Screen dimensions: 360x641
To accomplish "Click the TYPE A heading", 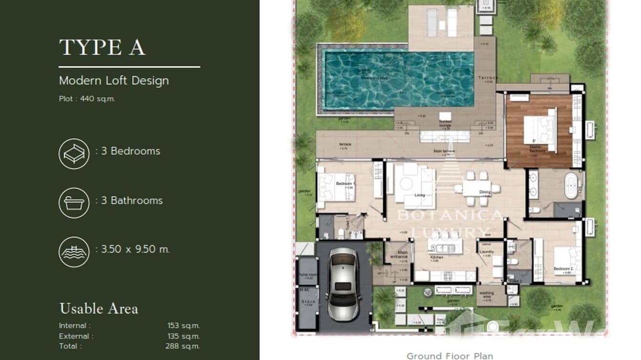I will click(x=102, y=48).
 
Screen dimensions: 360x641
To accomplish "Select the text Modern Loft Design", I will click(x=114, y=81).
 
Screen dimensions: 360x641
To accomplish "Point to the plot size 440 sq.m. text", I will click(x=87, y=99).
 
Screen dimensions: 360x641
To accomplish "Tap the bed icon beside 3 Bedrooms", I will click(x=74, y=154).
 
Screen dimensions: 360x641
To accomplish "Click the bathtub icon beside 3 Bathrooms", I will click(x=74, y=203).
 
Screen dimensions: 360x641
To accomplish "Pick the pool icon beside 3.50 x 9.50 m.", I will click(x=74, y=252).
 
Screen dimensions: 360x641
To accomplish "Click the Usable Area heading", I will click(x=98, y=309).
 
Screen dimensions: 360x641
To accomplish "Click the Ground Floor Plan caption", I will click(x=449, y=356).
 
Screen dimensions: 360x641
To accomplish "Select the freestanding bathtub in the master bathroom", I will click(x=571, y=185).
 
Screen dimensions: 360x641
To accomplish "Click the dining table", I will click(x=476, y=188).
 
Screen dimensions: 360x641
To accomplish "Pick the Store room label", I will click(x=307, y=302).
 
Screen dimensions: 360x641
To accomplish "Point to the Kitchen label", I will click(x=436, y=257).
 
